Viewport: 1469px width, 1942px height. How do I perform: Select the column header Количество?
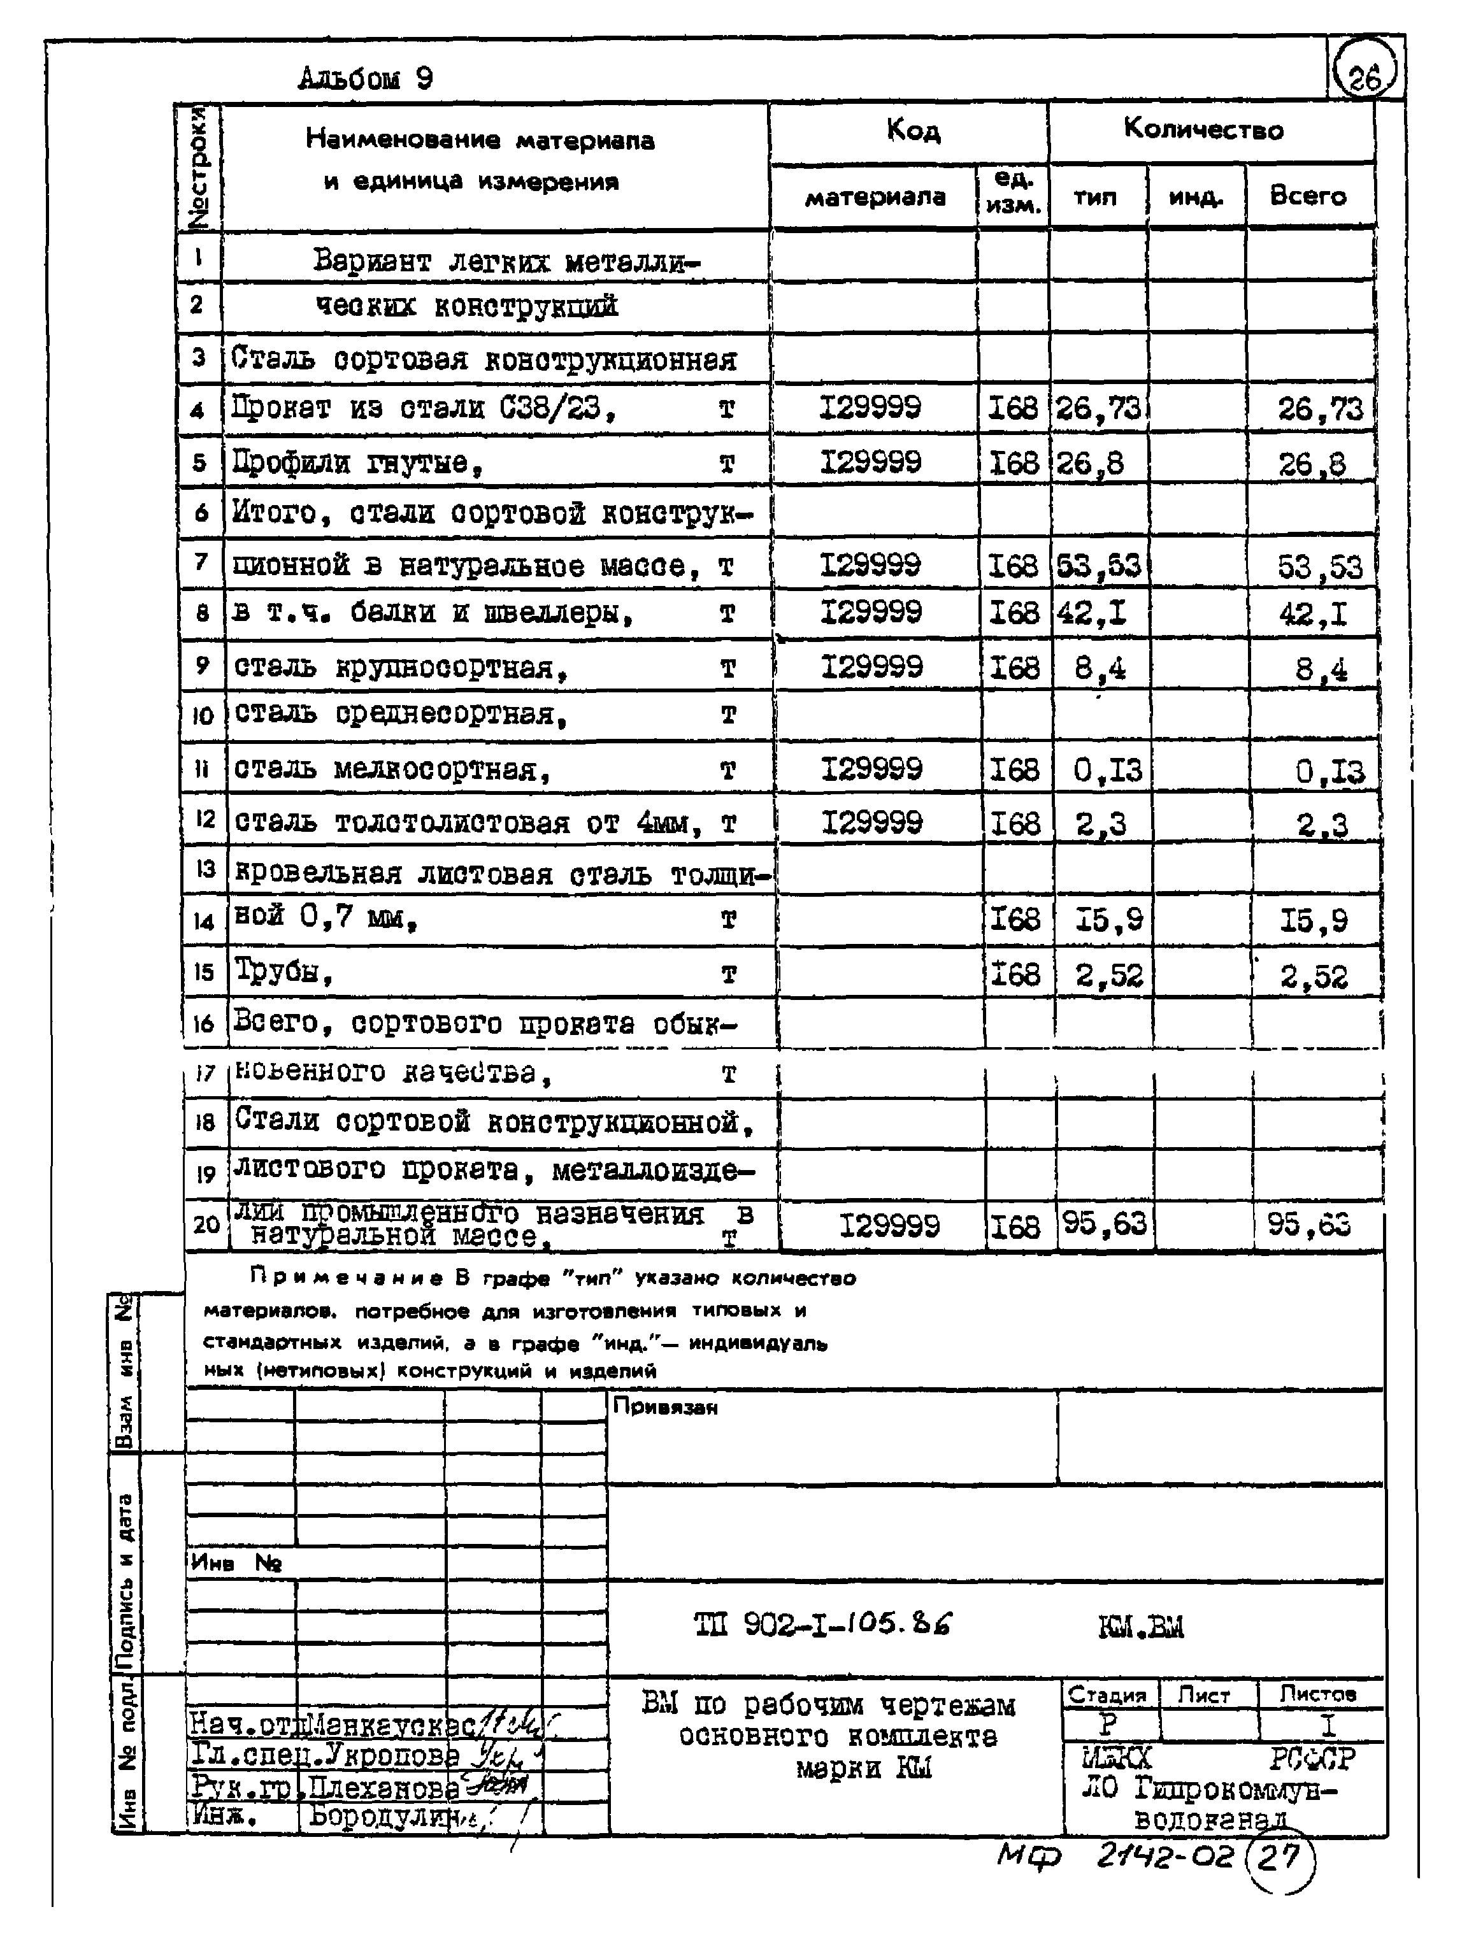1203,130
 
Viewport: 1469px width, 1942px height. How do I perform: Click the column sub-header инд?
1196,197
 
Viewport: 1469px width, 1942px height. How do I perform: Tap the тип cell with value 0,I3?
1107,771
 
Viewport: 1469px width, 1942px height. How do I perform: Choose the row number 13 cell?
204,869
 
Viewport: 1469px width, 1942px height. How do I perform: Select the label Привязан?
664,1406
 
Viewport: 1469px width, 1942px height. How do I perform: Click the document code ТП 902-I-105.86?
823,1624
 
